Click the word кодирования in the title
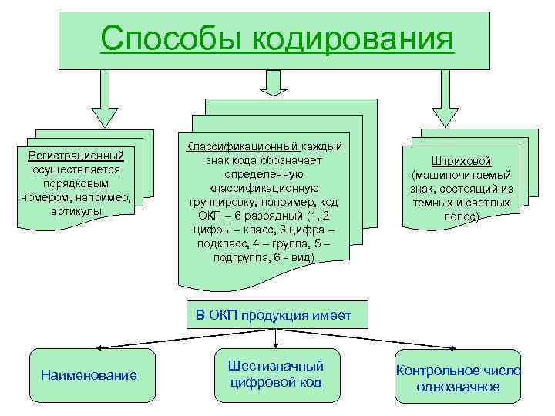tap(345, 39)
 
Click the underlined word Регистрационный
tap(76, 156)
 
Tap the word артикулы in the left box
tap(76, 211)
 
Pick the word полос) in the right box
tap(462, 217)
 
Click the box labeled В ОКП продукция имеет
tap(274, 314)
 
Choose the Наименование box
tap(90, 375)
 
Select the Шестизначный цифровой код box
tap(276, 374)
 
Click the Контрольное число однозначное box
tap(458, 378)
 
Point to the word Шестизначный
tap(276, 366)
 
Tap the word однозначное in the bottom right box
tap(458, 387)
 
